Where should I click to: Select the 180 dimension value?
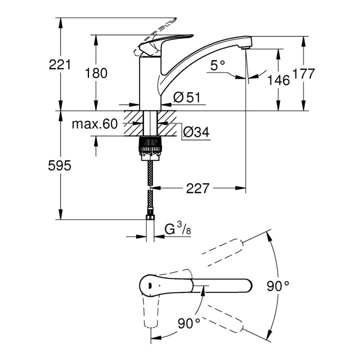coord(96,73)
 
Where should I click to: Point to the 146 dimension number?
coord(278,80)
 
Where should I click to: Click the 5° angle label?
coord(218,65)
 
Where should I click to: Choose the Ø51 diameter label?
coord(186,98)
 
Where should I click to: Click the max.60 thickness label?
coord(93,123)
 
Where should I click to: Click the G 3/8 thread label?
coord(177,230)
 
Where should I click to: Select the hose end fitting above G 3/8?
coord(149,218)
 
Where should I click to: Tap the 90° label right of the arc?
coord(277,286)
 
